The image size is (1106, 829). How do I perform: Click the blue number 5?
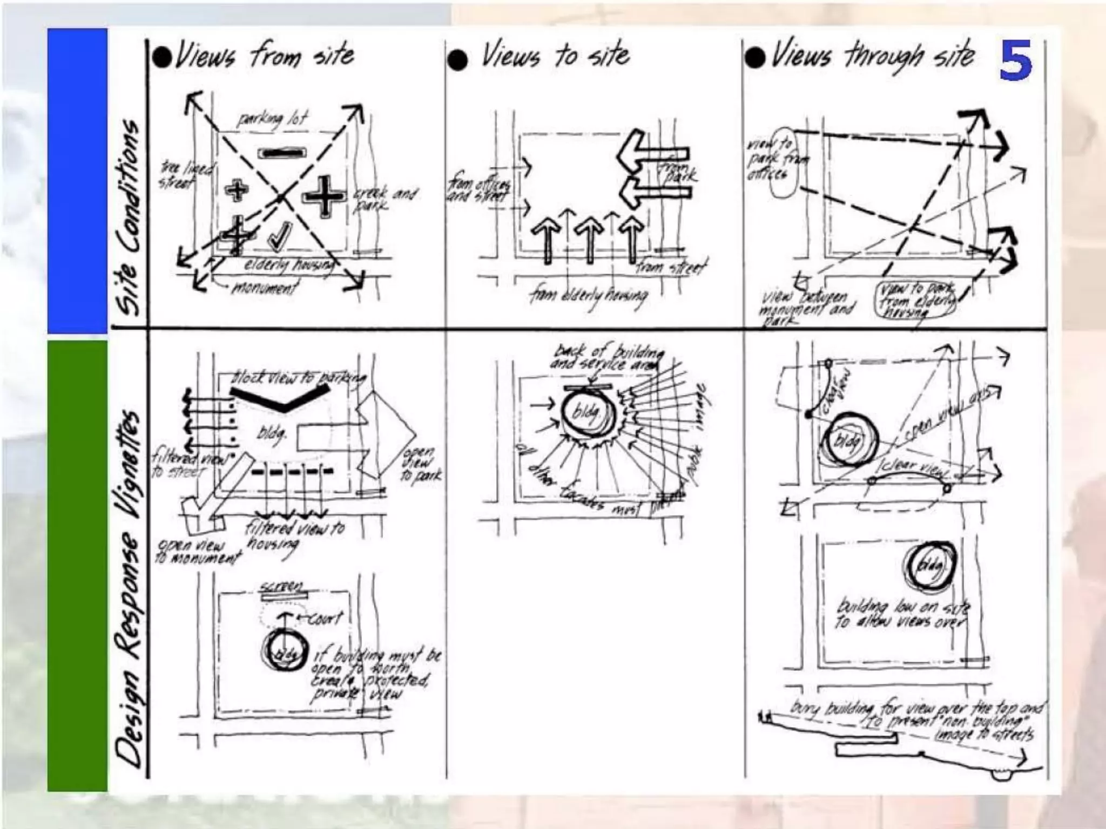(x=1015, y=60)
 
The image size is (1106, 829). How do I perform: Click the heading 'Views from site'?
(x=264, y=56)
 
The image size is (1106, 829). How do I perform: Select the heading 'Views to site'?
(x=555, y=56)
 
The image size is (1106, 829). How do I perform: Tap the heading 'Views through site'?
(x=872, y=56)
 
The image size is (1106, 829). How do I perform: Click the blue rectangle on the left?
(x=77, y=181)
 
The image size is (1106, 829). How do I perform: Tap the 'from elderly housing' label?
(x=589, y=296)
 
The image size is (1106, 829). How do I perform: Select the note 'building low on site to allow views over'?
(x=902, y=614)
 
